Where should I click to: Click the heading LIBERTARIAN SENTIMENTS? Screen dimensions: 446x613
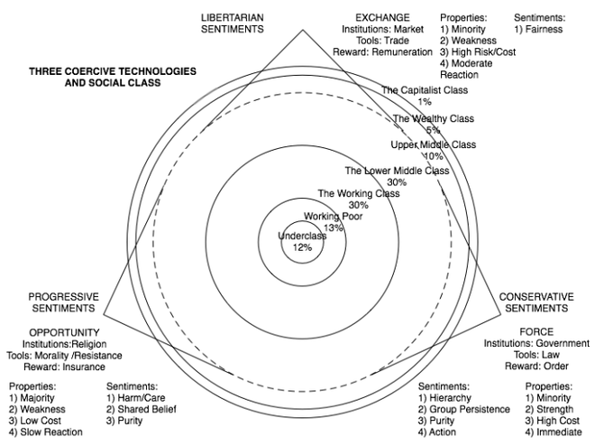point(232,23)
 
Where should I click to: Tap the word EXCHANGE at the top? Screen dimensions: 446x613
point(382,17)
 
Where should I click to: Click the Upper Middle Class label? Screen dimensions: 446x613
point(433,144)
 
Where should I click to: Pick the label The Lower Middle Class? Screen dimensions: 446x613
point(397,171)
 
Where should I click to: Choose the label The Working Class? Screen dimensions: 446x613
point(358,194)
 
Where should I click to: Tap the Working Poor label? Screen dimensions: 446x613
point(334,217)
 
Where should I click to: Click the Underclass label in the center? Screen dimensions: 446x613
point(302,237)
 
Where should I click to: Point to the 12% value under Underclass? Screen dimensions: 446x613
point(302,247)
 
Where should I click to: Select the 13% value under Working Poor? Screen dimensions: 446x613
point(334,228)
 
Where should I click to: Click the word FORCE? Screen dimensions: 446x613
point(536,331)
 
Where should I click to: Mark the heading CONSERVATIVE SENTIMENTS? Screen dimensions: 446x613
point(536,302)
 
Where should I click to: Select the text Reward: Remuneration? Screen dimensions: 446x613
point(382,52)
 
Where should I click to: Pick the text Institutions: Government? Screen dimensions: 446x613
point(536,343)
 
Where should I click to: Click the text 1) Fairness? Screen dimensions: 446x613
point(538,29)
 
